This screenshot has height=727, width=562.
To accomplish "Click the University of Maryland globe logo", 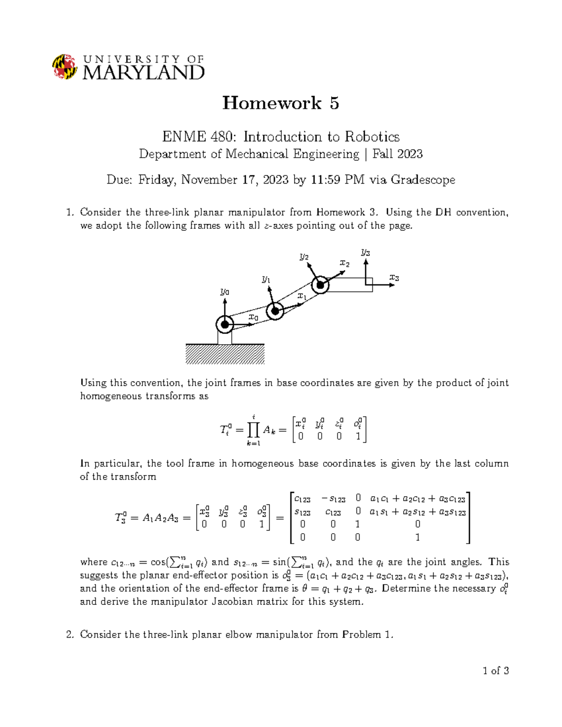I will click(x=65, y=66).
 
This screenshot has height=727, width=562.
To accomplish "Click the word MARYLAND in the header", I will click(x=143, y=73).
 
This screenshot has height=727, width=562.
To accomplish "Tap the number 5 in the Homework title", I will click(x=334, y=103).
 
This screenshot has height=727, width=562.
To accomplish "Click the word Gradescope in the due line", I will click(x=422, y=180).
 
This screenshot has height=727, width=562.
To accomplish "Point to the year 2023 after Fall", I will click(x=409, y=154).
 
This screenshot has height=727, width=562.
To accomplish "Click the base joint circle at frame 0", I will click(x=225, y=324).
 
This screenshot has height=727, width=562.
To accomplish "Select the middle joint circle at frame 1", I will click(x=275, y=311).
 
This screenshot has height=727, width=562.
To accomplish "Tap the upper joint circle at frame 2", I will click(x=320, y=285).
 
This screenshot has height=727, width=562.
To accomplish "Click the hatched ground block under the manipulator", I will click(x=225, y=354).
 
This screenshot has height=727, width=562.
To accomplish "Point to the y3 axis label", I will click(x=365, y=253).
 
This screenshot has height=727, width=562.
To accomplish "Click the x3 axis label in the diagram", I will click(x=394, y=278).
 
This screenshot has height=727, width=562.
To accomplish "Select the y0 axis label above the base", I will click(x=225, y=292).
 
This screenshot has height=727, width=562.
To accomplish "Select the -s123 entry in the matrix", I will click(x=333, y=499).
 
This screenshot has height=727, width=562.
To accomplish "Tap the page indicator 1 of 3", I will click(x=495, y=671).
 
